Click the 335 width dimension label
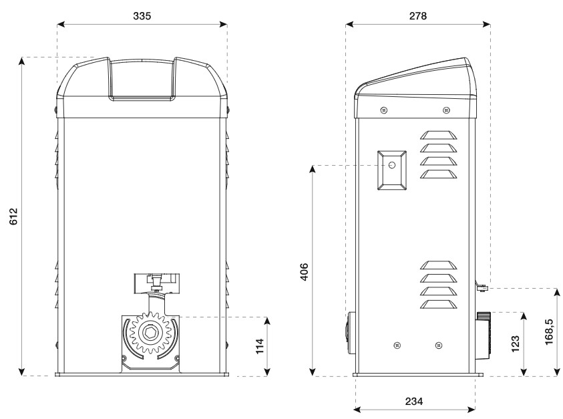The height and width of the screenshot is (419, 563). click(142, 16)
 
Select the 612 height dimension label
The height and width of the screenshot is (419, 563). click(13, 217)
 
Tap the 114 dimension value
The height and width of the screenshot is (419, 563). click(260, 346)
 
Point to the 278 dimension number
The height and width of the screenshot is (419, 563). click(418, 16)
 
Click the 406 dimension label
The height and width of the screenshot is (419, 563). click(304, 272)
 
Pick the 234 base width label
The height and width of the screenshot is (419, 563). click(414, 401)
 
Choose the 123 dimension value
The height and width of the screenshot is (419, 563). click(515, 344)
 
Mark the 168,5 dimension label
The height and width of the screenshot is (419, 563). click(548, 331)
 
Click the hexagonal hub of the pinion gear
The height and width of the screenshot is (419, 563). click(150, 333)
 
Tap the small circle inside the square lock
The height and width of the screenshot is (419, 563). click(392, 165)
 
